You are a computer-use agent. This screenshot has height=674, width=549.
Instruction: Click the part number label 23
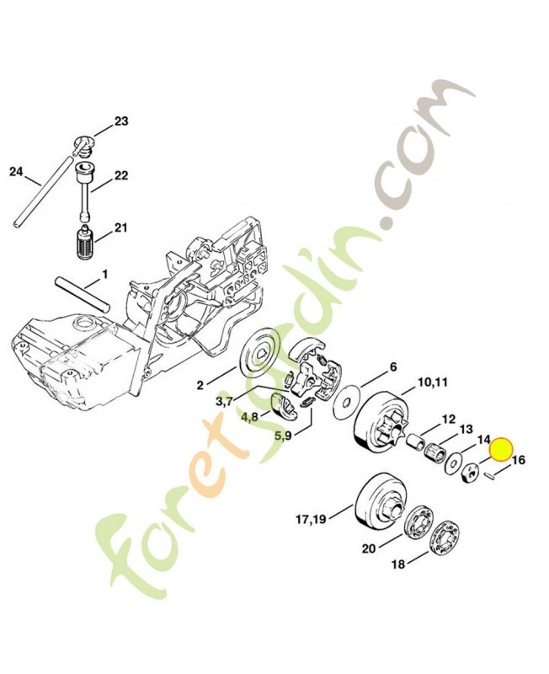click(121, 122)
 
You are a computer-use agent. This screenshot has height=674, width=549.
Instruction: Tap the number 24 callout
click(15, 173)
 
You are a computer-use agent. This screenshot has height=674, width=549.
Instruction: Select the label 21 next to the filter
click(120, 228)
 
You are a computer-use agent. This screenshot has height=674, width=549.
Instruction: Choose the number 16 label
click(519, 461)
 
